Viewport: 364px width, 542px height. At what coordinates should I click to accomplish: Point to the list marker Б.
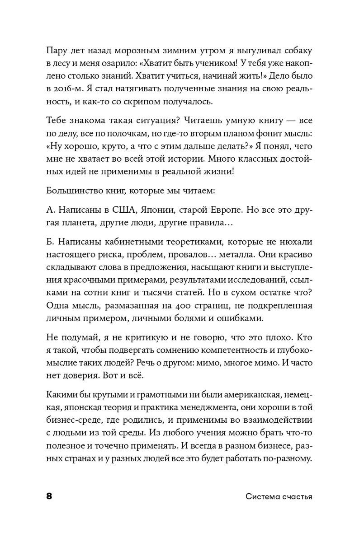tap(50, 243)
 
